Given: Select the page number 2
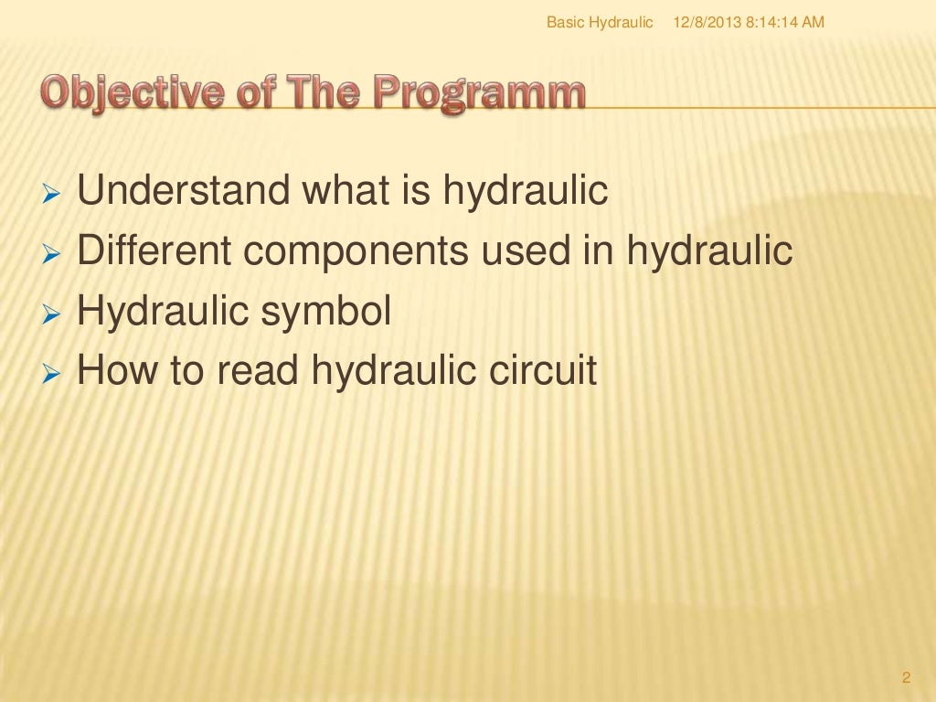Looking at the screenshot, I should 906,677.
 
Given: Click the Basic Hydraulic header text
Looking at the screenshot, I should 600,22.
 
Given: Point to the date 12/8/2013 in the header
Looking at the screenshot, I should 706,22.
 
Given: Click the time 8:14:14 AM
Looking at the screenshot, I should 784,22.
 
